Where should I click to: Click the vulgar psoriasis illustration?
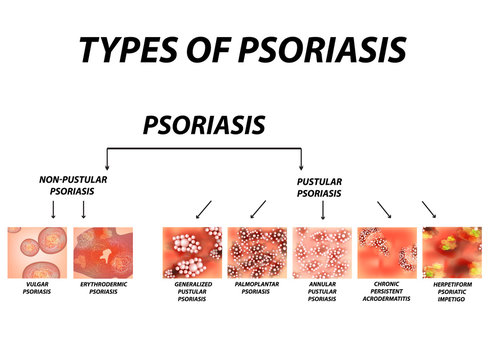(37, 252)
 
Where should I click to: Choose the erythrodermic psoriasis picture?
(103, 252)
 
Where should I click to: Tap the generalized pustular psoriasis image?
(192, 252)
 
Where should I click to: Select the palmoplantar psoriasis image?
(257, 252)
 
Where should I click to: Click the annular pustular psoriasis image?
(322, 252)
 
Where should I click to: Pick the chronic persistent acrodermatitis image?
(386, 252)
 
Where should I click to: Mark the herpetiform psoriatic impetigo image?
(451, 252)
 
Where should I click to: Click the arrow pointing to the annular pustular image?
(322, 209)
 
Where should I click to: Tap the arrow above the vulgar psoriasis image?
(52, 209)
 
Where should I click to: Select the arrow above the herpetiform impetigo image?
(429, 208)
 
